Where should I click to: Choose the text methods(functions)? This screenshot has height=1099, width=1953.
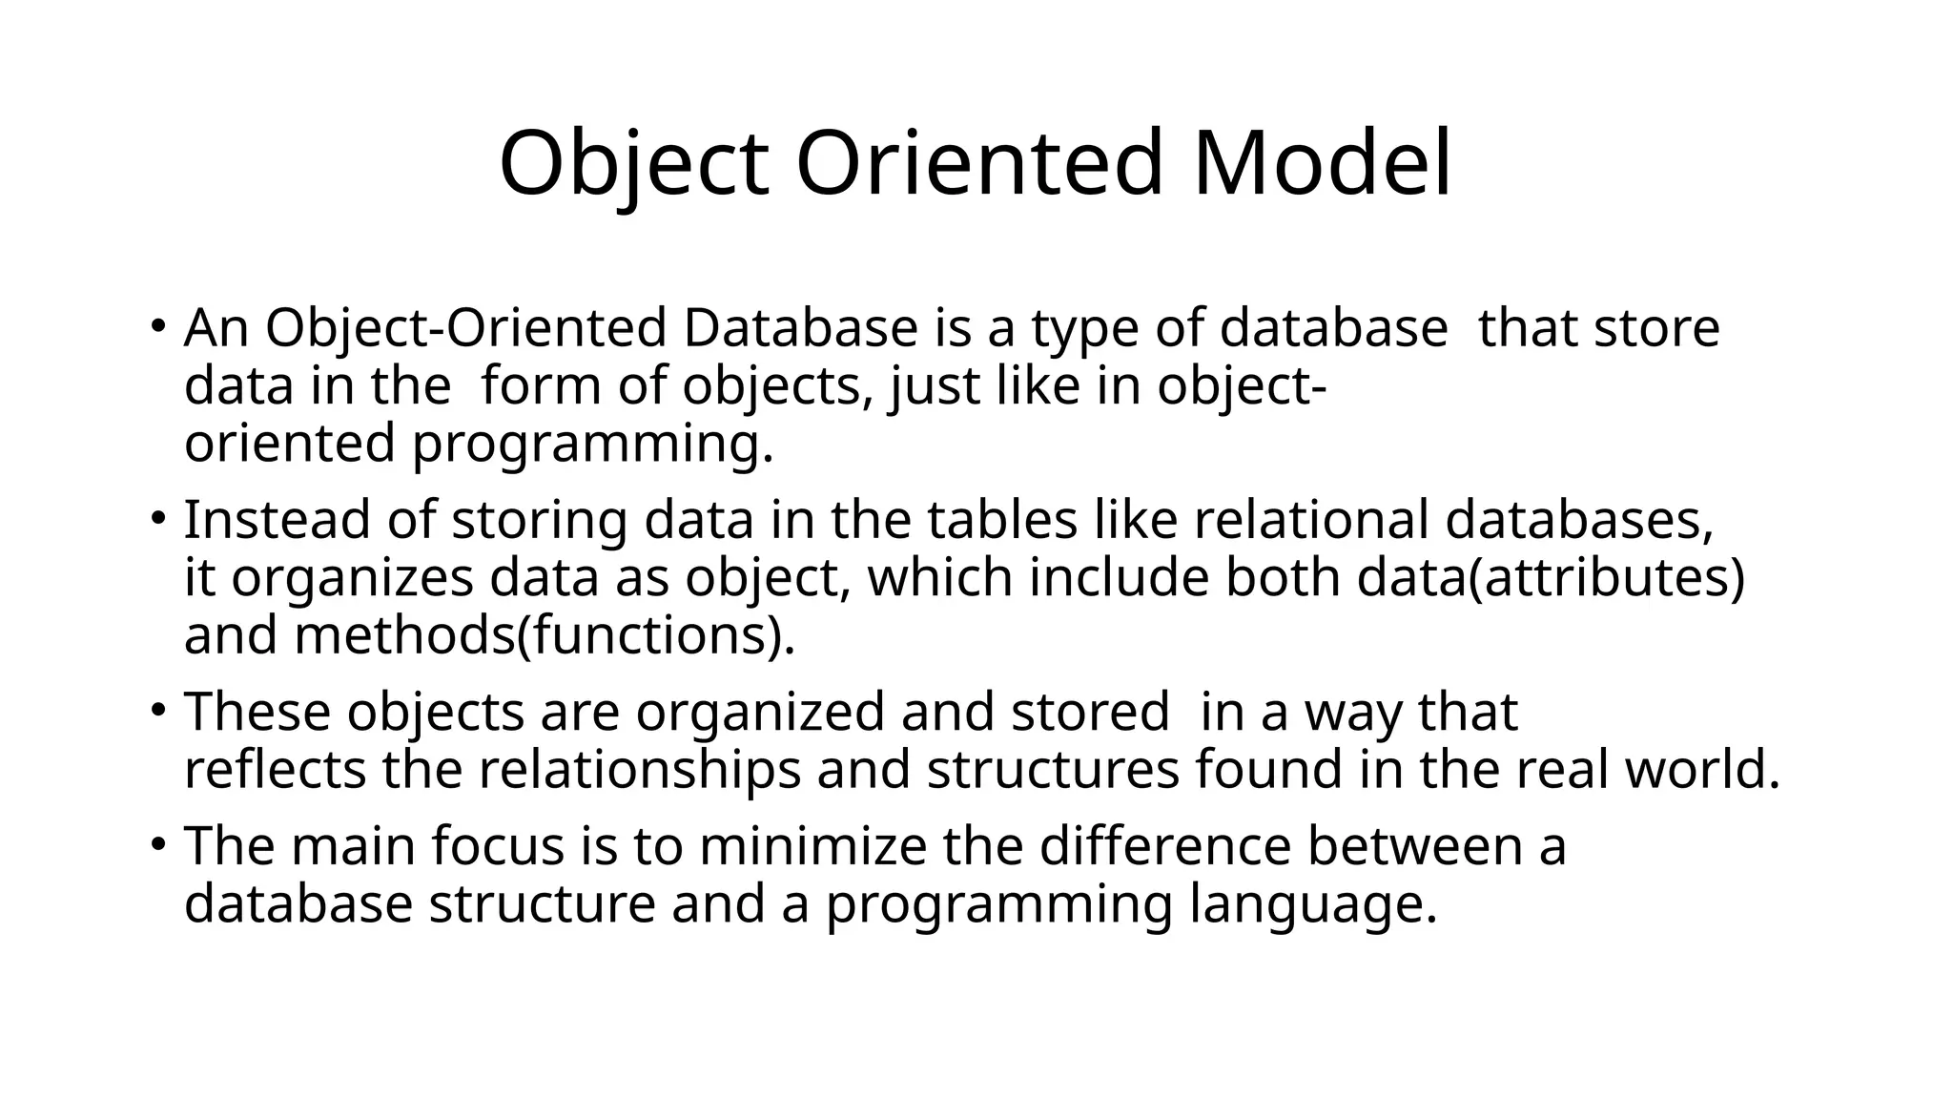click(x=544, y=636)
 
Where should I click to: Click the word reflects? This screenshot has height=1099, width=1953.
click(x=275, y=771)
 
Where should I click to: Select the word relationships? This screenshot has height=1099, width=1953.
click(x=639, y=771)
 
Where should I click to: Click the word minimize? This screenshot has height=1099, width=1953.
click(x=812, y=847)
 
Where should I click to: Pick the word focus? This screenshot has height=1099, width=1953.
click(x=498, y=847)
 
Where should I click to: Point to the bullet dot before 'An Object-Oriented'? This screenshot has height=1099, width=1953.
click(x=157, y=325)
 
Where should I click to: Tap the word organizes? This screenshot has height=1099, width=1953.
click(x=352, y=579)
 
